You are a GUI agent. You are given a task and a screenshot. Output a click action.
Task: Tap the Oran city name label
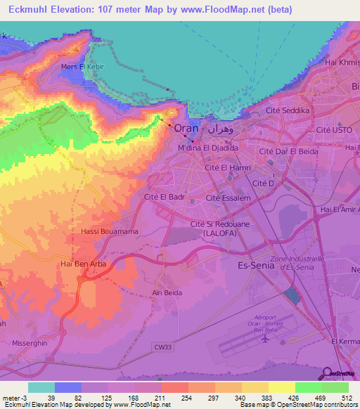click(x=186, y=129)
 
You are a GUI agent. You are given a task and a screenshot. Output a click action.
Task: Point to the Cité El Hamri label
click(x=227, y=168)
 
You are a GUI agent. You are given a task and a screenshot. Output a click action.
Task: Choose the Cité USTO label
click(x=333, y=131)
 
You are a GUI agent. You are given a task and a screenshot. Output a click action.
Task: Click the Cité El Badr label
click(x=164, y=198)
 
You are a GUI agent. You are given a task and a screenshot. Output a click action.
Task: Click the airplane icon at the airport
click(x=264, y=339)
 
